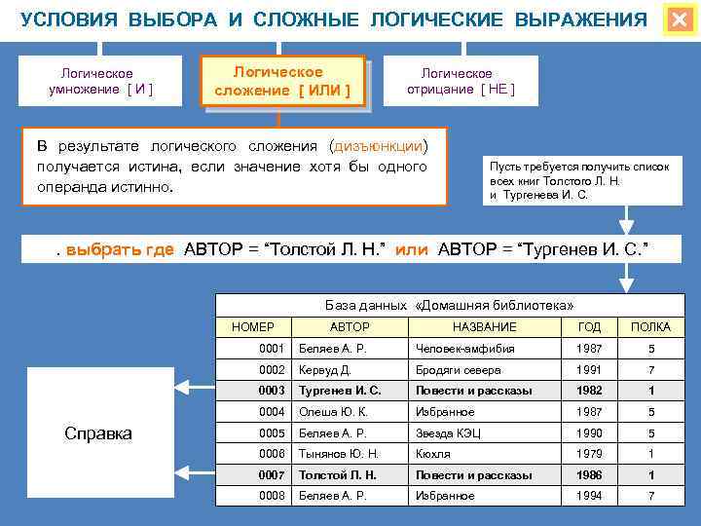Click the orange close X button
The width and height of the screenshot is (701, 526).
coord(679,20)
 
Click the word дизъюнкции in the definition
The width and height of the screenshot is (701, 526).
coord(378,146)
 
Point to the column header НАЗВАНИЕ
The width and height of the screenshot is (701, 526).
coord(484,327)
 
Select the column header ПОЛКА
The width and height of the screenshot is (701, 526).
coord(651,327)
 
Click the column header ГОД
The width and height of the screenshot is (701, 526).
coord(590,327)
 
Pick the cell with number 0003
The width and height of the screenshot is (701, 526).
coord(272,391)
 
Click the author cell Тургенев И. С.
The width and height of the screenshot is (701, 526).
coord(340,391)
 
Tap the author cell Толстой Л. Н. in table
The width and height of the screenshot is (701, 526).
coord(338,475)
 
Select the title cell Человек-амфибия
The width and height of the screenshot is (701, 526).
coord(464,349)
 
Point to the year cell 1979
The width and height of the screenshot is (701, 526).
coord(590,454)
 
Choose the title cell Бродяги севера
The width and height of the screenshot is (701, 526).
coord(458,370)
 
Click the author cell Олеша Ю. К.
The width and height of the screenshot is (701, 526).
coord(332,412)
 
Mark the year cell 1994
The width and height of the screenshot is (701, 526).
coord(590,496)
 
